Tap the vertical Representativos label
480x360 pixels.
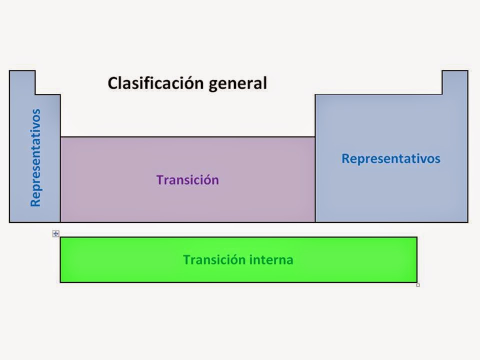35,158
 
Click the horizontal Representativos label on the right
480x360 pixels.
390,158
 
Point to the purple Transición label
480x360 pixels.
187,180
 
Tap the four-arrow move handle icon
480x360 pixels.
56,233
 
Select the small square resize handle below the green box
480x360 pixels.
418,285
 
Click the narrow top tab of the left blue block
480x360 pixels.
22,82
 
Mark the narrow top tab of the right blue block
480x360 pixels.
454,82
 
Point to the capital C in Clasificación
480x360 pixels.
113,83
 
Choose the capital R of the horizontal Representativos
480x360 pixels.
345,158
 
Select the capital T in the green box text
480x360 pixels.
186,260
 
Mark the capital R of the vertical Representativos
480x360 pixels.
35,202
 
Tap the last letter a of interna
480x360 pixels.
289,260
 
